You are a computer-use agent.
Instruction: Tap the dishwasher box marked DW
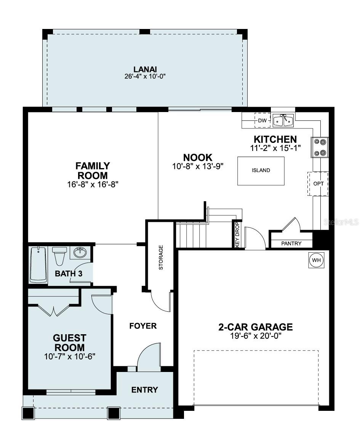coord(262,121)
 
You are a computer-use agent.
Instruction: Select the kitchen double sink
coord(283,120)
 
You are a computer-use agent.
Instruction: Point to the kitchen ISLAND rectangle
coord(261,170)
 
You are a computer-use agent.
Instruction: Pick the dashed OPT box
coord(318,184)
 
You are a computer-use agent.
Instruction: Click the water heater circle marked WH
coord(316,260)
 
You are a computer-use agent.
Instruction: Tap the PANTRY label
coord(291,244)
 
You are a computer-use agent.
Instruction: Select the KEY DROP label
coord(237,235)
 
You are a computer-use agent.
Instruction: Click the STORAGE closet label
coord(161,258)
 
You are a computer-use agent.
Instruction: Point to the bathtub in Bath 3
coord(38,264)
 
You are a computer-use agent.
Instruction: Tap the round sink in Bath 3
coord(80,252)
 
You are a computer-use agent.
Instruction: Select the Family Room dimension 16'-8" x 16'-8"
coord(93,184)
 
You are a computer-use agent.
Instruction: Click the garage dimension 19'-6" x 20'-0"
coord(256,336)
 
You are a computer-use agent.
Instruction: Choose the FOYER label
coord(143,326)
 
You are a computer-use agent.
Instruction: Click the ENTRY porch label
coord(144,390)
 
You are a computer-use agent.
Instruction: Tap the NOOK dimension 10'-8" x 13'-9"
coord(197,166)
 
